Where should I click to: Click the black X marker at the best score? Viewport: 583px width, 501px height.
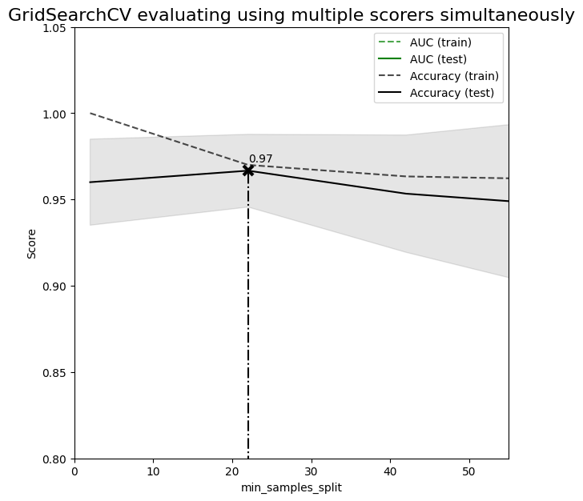[x=248, y=170]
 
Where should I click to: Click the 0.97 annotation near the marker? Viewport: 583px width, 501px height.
[x=260, y=159]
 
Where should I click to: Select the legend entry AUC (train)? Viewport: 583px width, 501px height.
[x=440, y=42]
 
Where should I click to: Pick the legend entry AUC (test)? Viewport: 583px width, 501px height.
[x=438, y=59]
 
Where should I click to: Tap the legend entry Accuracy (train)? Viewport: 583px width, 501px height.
[x=454, y=76]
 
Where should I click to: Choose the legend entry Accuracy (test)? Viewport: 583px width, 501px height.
[x=452, y=93]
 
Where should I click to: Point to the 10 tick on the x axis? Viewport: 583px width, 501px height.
[x=153, y=471]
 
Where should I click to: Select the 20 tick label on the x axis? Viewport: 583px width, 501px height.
[x=232, y=471]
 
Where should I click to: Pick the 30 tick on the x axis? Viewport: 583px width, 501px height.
[x=312, y=471]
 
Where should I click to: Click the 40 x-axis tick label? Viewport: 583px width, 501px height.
[x=390, y=471]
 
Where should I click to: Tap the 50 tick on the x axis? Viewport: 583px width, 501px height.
[x=469, y=471]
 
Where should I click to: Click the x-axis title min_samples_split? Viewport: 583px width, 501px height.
[x=291, y=487]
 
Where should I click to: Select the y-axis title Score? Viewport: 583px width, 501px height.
[x=32, y=243]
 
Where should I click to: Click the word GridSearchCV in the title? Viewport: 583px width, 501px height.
[x=70, y=15]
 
